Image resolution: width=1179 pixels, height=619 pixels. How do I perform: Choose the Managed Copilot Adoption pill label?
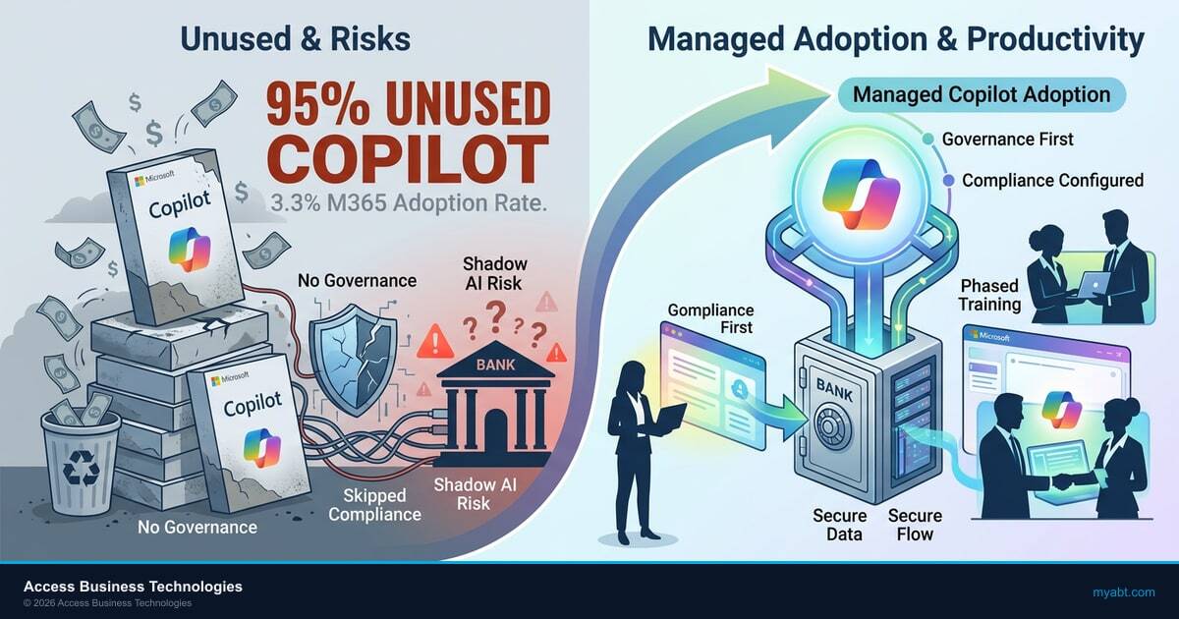click(982, 95)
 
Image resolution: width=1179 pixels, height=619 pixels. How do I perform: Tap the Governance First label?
click(1007, 140)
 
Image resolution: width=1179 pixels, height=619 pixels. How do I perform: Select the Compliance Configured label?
click(1052, 181)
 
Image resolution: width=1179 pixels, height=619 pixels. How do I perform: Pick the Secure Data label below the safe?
click(839, 525)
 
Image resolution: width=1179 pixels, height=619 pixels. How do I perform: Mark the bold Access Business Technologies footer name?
click(133, 587)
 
